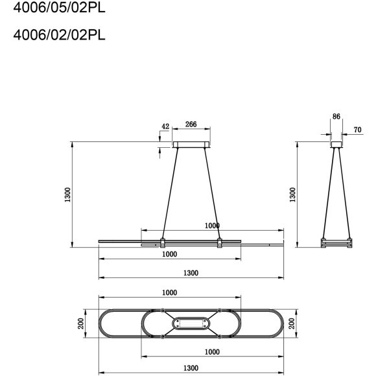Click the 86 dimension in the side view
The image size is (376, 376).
pos(336,117)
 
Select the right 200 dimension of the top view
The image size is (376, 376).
pos(292,323)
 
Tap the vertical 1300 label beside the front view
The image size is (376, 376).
pos(67,194)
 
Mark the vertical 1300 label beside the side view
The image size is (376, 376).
pos(292,194)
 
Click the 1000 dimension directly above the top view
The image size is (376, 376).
pos(169,292)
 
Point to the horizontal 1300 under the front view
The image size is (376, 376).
pos(191,273)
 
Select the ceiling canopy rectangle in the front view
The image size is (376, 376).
pos(191,145)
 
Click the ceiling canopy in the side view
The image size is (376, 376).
pos(336,145)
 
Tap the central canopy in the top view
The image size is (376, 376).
pos(191,323)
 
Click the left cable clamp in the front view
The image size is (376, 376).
pos(163,243)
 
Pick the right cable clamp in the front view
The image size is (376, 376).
pos(220,243)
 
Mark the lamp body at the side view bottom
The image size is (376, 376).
pos(336,244)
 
